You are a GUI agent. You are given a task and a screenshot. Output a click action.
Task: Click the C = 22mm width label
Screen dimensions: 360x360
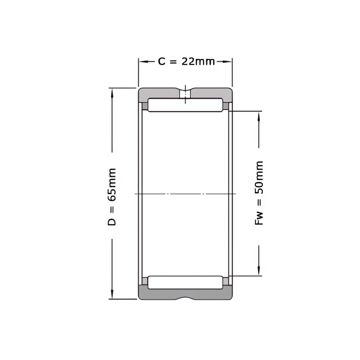186,62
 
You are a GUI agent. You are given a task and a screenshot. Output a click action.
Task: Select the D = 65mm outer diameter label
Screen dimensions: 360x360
112,197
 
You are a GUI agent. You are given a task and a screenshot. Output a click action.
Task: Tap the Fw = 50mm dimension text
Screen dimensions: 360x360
259,193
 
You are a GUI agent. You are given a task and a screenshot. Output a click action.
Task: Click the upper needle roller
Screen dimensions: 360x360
185,105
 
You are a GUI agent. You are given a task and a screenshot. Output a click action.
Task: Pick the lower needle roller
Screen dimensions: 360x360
185,282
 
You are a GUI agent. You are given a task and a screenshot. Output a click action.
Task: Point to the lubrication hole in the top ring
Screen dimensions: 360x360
185,94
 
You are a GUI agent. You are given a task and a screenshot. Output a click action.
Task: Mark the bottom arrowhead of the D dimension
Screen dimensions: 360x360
112,294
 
